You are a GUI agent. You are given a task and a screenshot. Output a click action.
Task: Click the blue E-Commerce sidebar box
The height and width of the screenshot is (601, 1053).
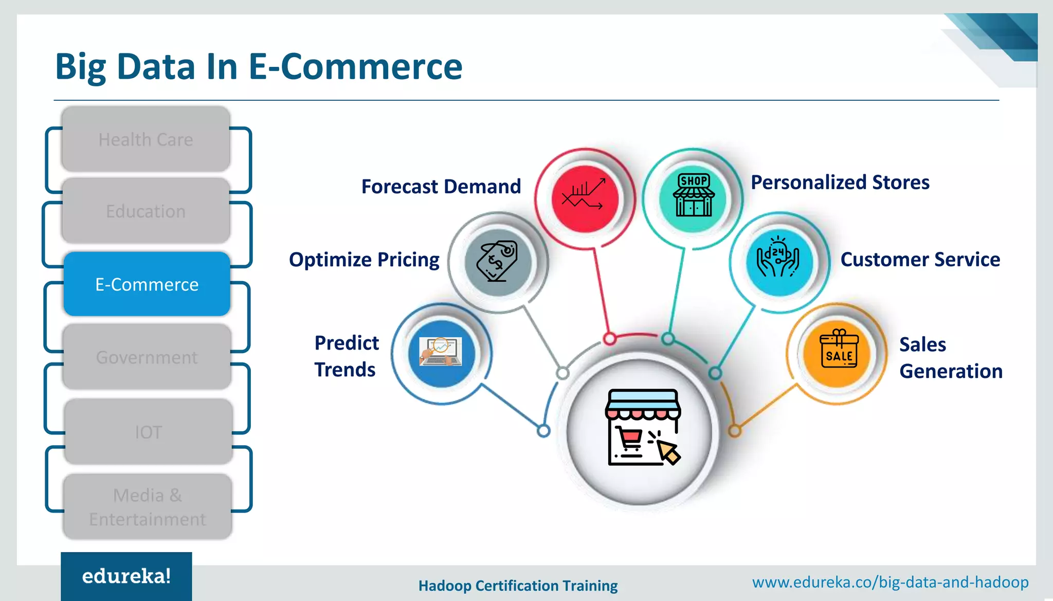[147, 284]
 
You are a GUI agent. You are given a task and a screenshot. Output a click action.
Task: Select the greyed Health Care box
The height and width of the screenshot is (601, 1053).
[146, 139]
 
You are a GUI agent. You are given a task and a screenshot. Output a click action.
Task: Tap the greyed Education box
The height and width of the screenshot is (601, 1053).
[146, 211]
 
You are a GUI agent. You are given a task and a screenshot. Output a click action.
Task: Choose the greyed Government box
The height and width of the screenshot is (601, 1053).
[147, 357]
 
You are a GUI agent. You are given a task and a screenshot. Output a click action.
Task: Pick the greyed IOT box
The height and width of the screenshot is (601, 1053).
[148, 432]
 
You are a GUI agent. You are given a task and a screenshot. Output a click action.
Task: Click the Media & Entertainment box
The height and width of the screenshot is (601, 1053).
[148, 507]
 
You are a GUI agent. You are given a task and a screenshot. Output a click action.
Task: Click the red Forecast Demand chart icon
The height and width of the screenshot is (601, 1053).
[585, 198]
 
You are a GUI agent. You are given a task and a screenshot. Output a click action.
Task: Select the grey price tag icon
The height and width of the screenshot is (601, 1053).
[497, 262]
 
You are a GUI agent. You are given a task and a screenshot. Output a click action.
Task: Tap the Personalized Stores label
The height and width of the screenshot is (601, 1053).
[840, 183]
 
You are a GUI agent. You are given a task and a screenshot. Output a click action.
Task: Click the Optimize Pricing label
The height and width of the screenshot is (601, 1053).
[364, 260]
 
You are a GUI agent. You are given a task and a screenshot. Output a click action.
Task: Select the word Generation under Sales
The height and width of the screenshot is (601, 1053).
[951, 371]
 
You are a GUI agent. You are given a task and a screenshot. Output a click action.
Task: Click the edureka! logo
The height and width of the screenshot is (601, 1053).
[126, 576]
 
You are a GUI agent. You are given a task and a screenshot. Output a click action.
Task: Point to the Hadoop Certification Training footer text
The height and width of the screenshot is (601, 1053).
[518, 586]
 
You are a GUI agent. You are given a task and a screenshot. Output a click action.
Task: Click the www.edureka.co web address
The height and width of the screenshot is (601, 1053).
[890, 582]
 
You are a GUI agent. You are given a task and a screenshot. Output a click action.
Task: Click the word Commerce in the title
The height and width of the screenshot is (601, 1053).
[371, 67]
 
